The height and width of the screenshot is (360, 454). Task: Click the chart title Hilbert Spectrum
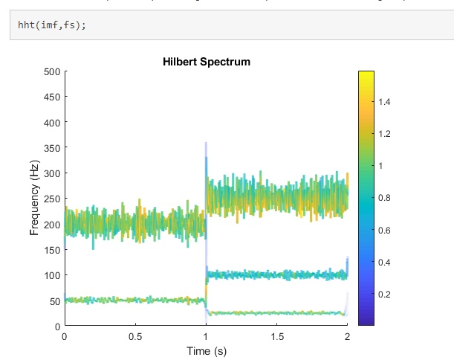point(207,62)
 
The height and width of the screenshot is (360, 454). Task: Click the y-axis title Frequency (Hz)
point(34,199)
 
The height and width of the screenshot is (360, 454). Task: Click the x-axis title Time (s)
point(207,349)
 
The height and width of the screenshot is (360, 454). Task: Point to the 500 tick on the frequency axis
point(51,71)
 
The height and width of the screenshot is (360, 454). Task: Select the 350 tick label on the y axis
point(51,148)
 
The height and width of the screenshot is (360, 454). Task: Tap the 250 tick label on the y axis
point(51,199)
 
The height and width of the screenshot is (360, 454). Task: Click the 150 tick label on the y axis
point(51,250)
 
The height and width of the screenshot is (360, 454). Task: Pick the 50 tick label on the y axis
point(53,300)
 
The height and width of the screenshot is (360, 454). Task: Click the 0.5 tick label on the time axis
point(135,336)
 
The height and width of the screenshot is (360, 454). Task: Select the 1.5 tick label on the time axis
point(276,336)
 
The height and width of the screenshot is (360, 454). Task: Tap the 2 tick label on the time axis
point(347,336)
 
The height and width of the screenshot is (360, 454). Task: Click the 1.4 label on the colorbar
point(386,101)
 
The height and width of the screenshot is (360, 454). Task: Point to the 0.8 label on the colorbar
point(386,198)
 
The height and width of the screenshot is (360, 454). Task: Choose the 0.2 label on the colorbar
point(386,295)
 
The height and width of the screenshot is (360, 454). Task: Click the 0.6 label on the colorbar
point(386,230)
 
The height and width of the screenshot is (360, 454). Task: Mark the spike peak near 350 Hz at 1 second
point(206,144)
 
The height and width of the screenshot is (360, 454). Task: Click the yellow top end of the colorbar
point(366,74)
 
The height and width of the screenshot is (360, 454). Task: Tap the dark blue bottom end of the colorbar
point(366,322)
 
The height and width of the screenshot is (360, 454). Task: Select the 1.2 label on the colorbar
point(386,133)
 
